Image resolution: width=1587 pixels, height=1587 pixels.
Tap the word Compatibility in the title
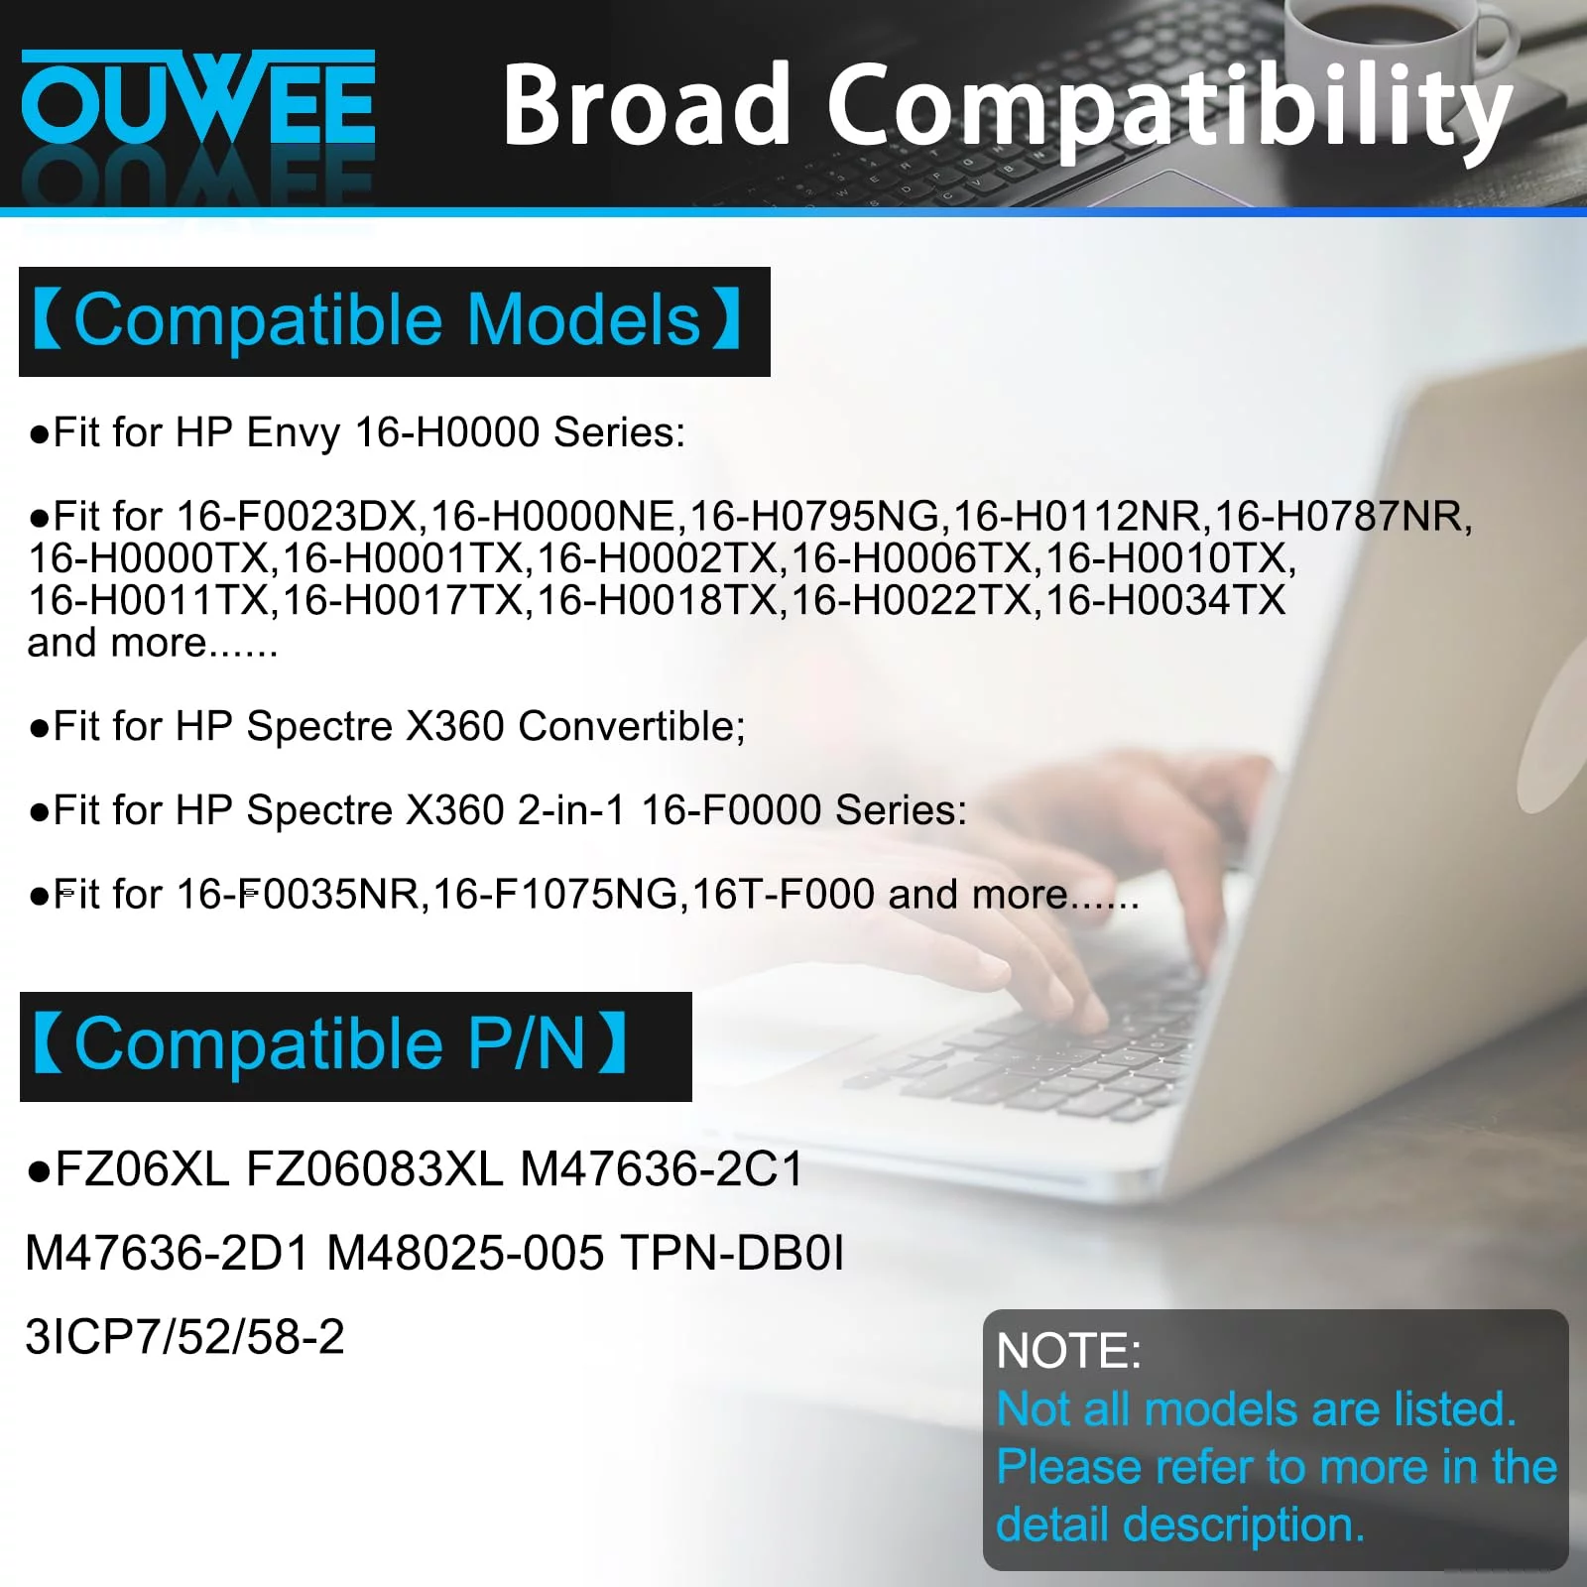point(1169,108)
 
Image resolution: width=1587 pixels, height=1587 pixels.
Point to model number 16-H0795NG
point(815,516)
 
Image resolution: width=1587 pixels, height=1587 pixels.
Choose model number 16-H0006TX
point(912,558)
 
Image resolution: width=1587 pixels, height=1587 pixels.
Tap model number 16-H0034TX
point(1165,600)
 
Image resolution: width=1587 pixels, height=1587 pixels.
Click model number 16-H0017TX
point(403,600)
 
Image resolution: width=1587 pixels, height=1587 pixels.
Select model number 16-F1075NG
point(555,895)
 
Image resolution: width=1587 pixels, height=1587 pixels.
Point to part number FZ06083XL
point(374,1168)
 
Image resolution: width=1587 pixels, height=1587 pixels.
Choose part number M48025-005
point(465,1253)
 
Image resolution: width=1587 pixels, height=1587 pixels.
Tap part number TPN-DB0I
point(732,1253)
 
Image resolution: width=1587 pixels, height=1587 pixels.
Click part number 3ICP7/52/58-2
point(184,1337)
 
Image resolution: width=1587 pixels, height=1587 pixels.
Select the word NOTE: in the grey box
point(1068,1351)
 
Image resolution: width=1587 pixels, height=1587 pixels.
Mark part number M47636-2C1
point(662,1168)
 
